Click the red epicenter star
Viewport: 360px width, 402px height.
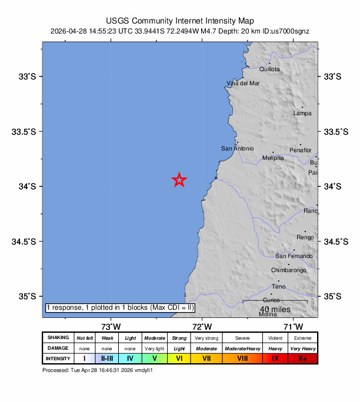click(x=179, y=180)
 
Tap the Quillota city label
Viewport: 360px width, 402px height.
click(x=270, y=69)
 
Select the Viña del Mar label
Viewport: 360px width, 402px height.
click(x=244, y=83)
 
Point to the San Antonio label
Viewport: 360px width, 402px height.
click(x=238, y=149)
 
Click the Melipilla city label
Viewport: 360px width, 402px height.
click(x=273, y=158)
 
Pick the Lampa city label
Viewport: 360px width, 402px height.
click(x=302, y=113)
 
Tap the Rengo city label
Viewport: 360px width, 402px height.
click(x=305, y=237)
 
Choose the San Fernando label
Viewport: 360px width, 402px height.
click(x=294, y=256)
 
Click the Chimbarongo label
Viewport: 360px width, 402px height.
click(x=288, y=270)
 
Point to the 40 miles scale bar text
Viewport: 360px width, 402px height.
click(x=274, y=309)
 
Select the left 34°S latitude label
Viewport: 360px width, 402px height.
click(x=28, y=186)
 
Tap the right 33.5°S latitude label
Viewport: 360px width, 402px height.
click(x=334, y=131)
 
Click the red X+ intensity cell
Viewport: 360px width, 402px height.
click(x=303, y=358)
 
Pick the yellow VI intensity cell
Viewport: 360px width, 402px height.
click(x=179, y=358)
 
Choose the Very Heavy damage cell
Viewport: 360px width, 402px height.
click(x=303, y=348)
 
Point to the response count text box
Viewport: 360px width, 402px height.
click(x=120, y=307)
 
